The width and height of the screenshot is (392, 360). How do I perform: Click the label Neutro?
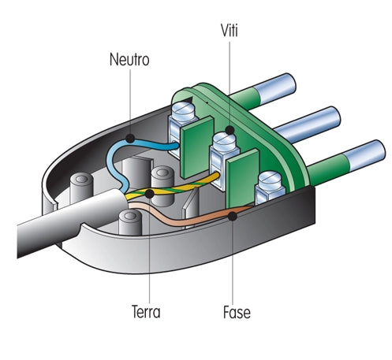[x=129, y=59]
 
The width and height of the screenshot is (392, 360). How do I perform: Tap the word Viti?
[x=230, y=31]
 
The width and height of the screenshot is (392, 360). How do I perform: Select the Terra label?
[x=146, y=312]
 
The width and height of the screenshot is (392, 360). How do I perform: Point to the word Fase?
[x=237, y=312]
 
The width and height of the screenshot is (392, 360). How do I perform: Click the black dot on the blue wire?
[x=130, y=139]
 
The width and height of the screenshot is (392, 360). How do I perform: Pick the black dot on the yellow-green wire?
[x=149, y=194]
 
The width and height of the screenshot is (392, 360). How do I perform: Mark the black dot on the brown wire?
[x=233, y=216]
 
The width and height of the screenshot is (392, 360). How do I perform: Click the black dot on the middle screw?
[x=230, y=130]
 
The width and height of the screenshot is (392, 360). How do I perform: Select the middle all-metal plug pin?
[x=308, y=124]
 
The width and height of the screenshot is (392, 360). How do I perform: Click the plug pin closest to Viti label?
[x=263, y=91]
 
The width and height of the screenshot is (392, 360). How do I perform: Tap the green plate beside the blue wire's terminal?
[x=197, y=147]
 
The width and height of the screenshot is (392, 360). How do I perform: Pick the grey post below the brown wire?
[x=130, y=222]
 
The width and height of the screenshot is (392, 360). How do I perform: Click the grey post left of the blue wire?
[x=82, y=187]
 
